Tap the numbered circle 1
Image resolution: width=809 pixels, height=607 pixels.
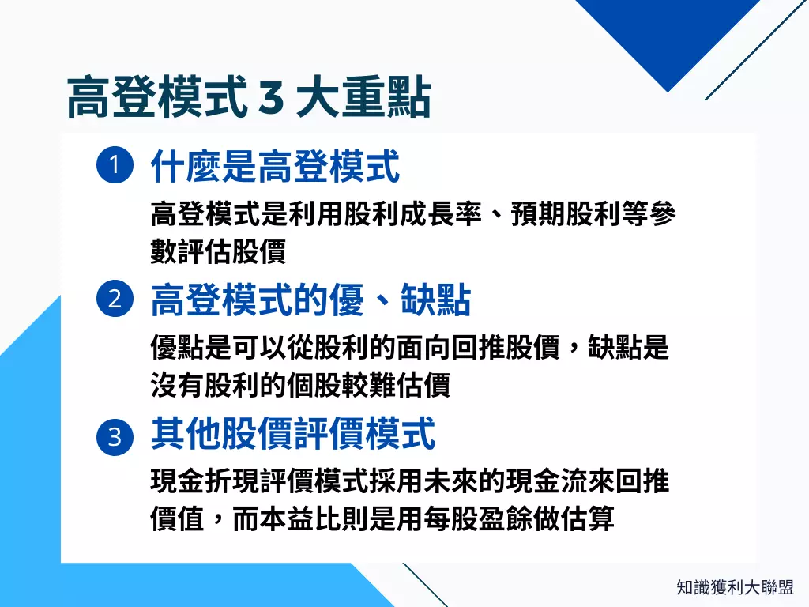coord(113,167)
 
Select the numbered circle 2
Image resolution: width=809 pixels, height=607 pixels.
coord(113,300)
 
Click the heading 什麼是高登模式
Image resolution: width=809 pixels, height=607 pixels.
coord(275,167)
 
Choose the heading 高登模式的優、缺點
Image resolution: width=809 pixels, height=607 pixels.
coord(310,301)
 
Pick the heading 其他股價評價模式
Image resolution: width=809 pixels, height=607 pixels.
coord(293,435)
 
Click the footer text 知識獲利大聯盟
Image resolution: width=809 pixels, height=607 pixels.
coord(735,587)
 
